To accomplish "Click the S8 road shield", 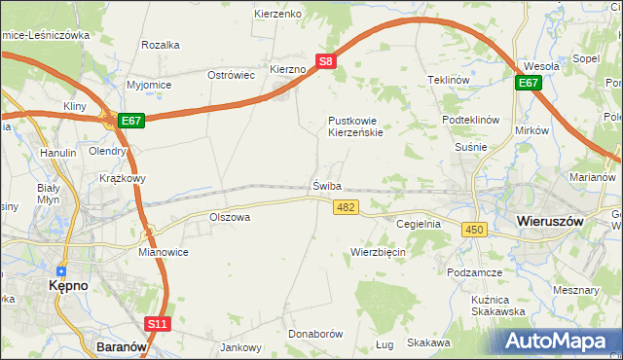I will [x=327, y=60].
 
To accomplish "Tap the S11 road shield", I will [x=158, y=323].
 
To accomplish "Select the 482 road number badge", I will [x=346, y=207].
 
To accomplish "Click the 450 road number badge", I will [x=474, y=229].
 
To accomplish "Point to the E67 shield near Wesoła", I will [x=529, y=84].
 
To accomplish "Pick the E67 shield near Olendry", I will [x=132, y=121].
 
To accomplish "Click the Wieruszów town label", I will [x=551, y=221].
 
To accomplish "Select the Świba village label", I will [x=328, y=185].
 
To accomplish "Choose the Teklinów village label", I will [x=449, y=80].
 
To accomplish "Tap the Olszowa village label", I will [x=230, y=217].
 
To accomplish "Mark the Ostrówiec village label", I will [x=232, y=75].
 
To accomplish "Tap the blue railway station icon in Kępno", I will [x=61, y=271].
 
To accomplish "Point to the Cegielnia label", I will [x=420, y=223].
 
